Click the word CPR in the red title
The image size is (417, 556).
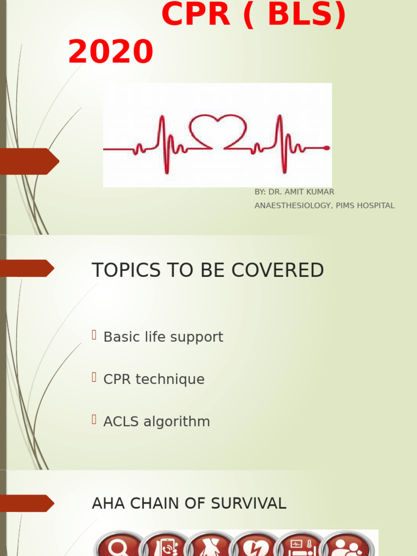pyautogui.click(x=196, y=14)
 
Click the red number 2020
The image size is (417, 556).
pyautogui.click(x=111, y=53)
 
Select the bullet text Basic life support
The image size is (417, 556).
pyautogui.click(x=163, y=337)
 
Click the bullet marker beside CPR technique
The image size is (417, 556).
pyautogui.click(x=94, y=377)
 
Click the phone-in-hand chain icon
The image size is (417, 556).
pyautogui.click(x=166, y=545)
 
